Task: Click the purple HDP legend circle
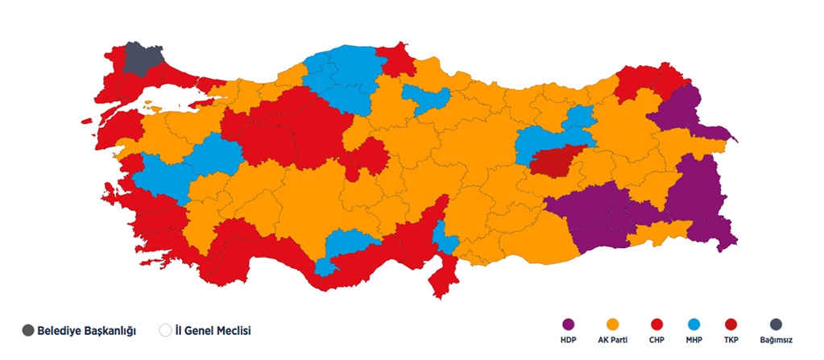coord(569,325)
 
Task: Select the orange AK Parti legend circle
coord(612,325)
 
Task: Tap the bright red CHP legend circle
coord(656,325)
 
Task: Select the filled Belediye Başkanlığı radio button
coord(28,330)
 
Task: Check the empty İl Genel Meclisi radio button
coord(165,330)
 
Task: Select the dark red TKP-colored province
coord(557,160)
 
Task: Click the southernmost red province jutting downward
coord(443,279)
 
